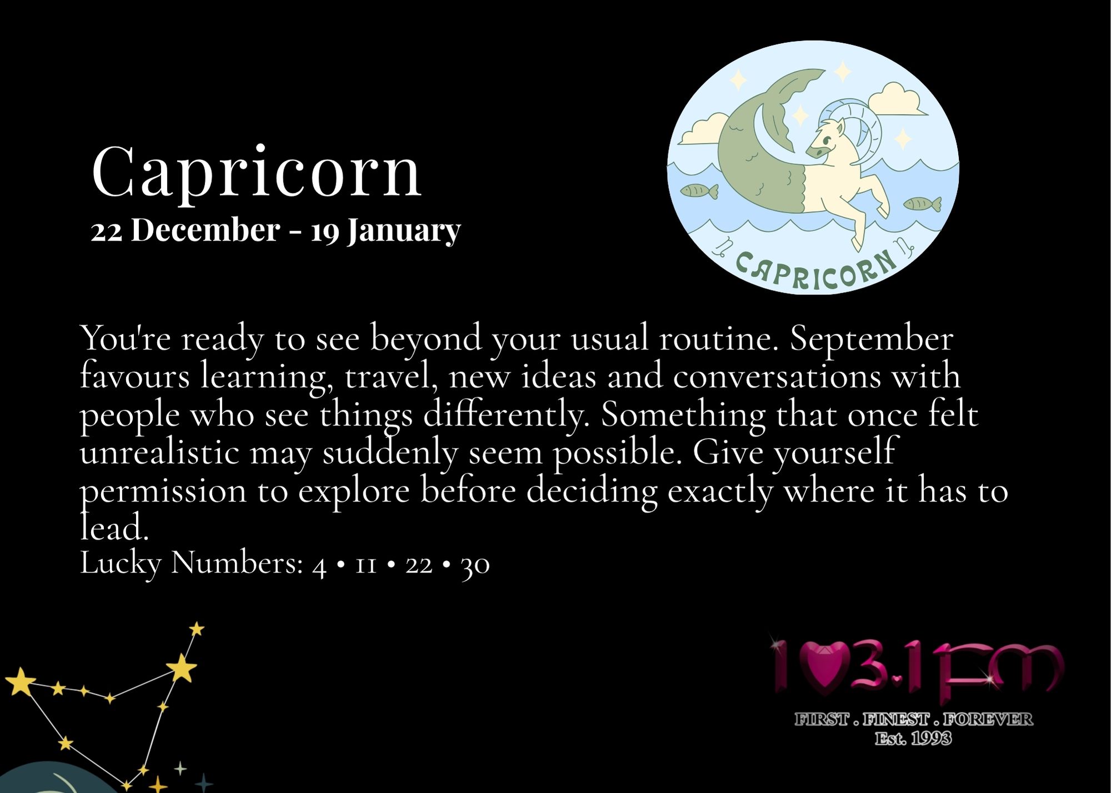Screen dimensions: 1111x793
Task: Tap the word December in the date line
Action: (205, 230)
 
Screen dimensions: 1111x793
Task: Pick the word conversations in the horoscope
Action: (777, 376)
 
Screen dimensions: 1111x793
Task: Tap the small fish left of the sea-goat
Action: (699, 192)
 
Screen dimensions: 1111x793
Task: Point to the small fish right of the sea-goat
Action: (922, 204)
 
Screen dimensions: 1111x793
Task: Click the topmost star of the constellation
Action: (197, 629)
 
